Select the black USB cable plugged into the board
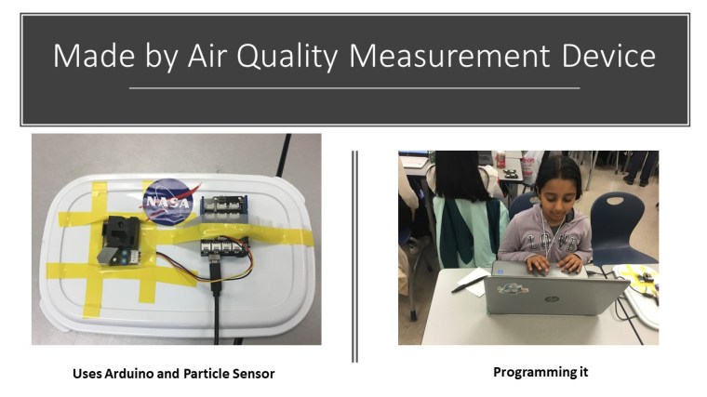click(216, 307)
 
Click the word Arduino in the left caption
click(126, 374)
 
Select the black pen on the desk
click(469, 283)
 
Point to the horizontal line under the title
click(353, 88)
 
